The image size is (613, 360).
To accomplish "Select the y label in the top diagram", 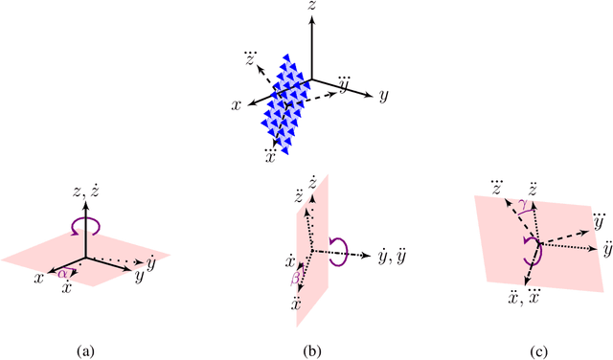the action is coord(382,96).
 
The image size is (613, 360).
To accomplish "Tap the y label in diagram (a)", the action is coord(140,276).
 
